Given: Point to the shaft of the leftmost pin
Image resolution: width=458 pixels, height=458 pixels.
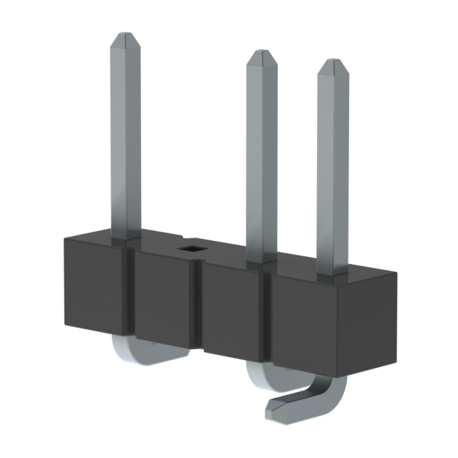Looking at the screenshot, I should [x=125, y=136].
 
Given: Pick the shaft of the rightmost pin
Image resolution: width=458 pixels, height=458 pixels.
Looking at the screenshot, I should [x=332, y=165].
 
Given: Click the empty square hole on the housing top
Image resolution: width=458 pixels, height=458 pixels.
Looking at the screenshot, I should [x=191, y=248].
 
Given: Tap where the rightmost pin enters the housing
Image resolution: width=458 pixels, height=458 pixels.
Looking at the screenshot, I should [x=332, y=272].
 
